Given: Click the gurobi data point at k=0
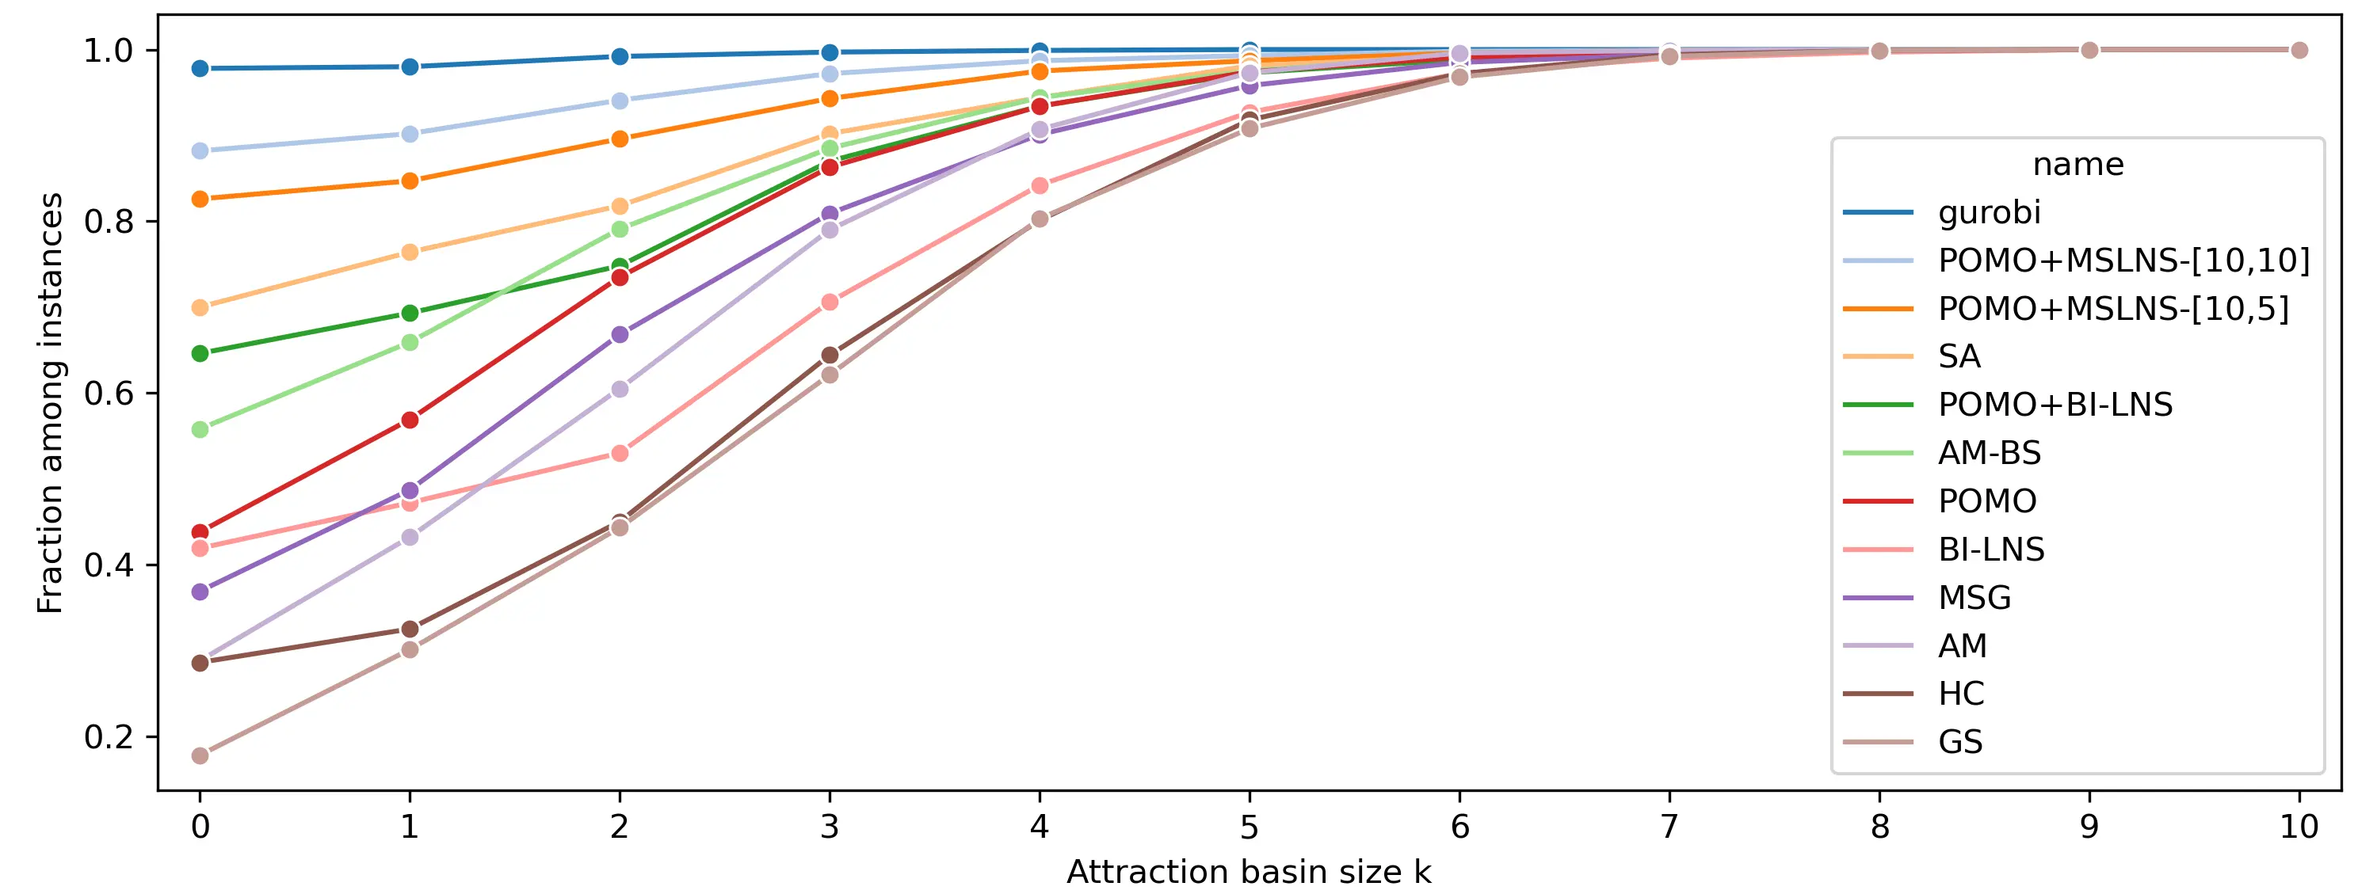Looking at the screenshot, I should click(x=200, y=68).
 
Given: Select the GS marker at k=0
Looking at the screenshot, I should click(x=200, y=755).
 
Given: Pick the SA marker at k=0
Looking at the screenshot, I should click(x=200, y=307).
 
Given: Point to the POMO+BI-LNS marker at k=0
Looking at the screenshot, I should click(x=200, y=353).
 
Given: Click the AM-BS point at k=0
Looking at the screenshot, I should click(x=200, y=429).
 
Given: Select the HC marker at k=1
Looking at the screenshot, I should click(x=410, y=630).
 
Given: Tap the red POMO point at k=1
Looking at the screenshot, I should click(x=410, y=420).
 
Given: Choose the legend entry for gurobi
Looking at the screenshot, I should click(x=1989, y=212).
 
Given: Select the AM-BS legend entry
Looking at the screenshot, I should click(x=1989, y=453).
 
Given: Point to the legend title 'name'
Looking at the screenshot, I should click(x=2078, y=164).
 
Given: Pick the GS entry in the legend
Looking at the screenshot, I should click(x=1960, y=742).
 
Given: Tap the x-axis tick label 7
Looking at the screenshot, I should click(x=1669, y=827).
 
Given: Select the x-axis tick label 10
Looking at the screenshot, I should click(x=2299, y=827).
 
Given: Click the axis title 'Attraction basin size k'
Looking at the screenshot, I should click(x=1249, y=872).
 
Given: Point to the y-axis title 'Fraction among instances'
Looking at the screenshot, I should click(x=50, y=403).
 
